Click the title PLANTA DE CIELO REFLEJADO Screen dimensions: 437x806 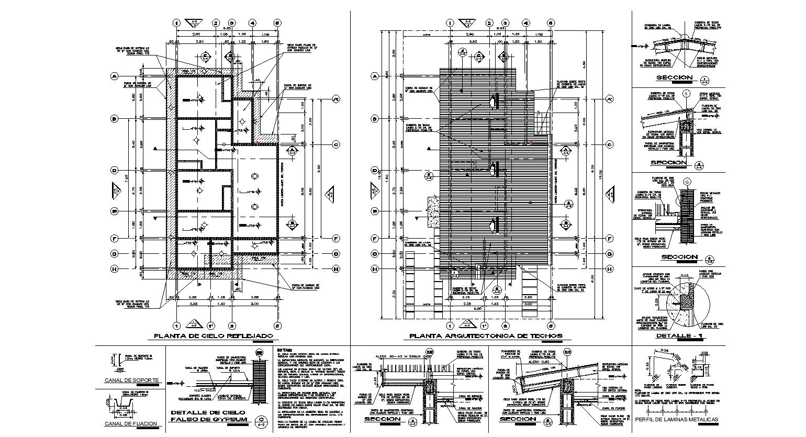pos(213,336)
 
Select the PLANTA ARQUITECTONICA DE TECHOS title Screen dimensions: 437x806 pos(486,336)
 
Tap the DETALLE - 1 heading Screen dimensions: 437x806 pos(679,336)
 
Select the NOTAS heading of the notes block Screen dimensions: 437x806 pos(285,350)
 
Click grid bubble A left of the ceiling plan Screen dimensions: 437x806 pos(114,76)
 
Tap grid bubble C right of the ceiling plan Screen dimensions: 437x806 pos(337,144)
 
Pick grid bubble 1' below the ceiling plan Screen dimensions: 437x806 pos(211,324)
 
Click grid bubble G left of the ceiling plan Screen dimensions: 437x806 pos(114,254)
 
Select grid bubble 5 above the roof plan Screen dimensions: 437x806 pos(550,23)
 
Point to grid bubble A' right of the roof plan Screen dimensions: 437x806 pos(610,99)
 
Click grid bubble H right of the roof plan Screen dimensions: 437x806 pos(610,269)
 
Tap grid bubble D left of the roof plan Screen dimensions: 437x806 pos(375,170)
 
